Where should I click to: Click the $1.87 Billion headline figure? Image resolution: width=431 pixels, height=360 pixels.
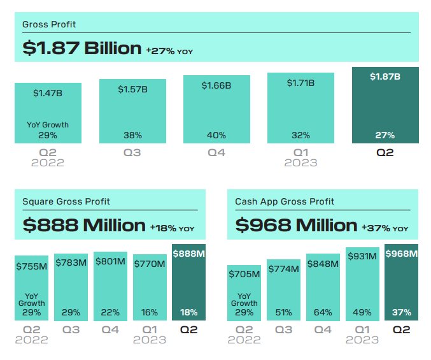[x=81, y=48]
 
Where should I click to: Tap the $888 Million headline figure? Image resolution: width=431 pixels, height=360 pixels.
[x=84, y=225]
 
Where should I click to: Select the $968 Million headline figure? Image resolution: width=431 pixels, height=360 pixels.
[x=296, y=225]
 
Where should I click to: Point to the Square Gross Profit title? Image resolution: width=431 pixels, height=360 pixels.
[x=66, y=202]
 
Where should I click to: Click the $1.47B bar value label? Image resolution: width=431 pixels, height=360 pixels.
[x=48, y=93]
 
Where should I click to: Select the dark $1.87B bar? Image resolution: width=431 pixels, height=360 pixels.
[x=385, y=105]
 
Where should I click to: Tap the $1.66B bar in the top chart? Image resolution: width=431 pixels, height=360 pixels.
[x=216, y=110]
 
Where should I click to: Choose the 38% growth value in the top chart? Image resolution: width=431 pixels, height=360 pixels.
[x=132, y=135]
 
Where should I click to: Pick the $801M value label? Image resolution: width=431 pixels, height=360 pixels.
[x=110, y=262]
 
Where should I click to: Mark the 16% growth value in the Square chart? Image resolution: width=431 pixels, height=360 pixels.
[x=150, y=313]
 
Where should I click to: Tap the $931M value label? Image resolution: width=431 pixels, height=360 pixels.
[x=362, y=256]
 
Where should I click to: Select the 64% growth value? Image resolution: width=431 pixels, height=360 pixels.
[x=323, y=313]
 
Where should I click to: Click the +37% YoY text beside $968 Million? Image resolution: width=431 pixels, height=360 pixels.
[x=385, y=227]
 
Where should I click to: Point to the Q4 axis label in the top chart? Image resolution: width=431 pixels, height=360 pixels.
[x=216, y=153]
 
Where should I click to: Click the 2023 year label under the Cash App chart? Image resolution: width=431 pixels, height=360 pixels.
[x=362, y=340]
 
